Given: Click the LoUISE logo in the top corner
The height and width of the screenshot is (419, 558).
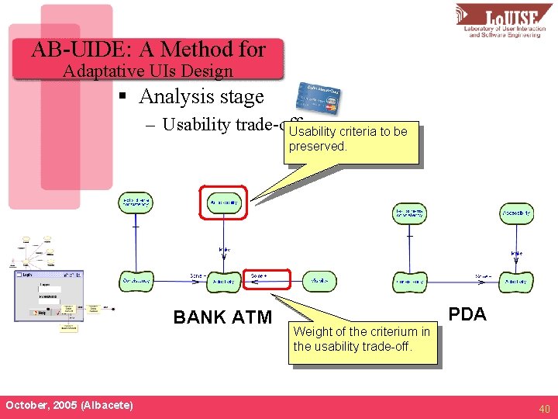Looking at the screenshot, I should pyautogui.click(x=504, y=21).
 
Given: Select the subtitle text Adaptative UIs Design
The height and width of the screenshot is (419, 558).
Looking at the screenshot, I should pyautogui.click(x=148, y=71).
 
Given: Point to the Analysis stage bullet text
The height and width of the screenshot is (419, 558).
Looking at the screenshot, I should pyautogui.click(x=201, y=97).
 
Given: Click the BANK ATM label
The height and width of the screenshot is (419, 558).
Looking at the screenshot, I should pyautogui.click(x=222, y=317).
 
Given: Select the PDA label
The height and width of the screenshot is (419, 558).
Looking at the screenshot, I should pyautogui.click(x=467, y=314).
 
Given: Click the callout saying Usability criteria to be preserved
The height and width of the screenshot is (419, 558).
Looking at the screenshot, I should pyautogui.click(x=350, y=140).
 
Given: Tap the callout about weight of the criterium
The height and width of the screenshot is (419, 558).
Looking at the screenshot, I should pyautogui.click(x=361, y=339).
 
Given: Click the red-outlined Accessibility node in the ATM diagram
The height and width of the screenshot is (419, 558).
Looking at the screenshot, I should pyautogui.click(x=223, y=203).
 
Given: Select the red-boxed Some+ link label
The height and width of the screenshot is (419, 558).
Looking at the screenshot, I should pyautogui.click(x=266, y=278).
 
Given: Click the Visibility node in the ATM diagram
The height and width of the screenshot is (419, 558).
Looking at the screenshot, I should pyautogui.click(x=319, y=280).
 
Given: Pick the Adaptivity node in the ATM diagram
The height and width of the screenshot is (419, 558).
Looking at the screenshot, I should pyautogui.click(x=224, y=280).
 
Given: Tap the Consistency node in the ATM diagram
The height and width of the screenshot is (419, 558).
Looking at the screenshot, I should pyautogui.click(x=137, y=280).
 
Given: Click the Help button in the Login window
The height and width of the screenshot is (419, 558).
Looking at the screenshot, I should pyautogui.click(x=36, y=312).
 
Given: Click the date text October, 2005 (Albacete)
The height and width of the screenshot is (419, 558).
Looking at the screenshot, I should pyautogui.click(x=69, y=406).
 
